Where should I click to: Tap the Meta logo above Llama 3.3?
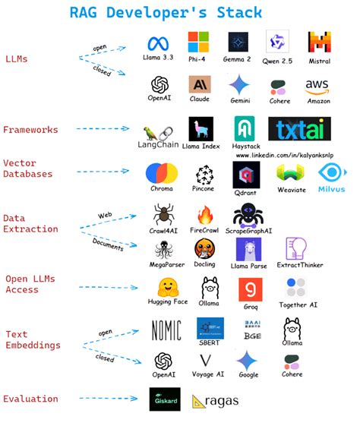157,43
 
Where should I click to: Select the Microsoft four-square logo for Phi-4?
198,42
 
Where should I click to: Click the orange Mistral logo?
318,43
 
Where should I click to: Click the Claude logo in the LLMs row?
200,84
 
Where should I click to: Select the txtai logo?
298,129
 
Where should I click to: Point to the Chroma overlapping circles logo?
162,174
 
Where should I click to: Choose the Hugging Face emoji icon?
168,288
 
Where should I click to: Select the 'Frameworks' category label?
30,130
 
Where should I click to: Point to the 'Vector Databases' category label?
28,169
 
